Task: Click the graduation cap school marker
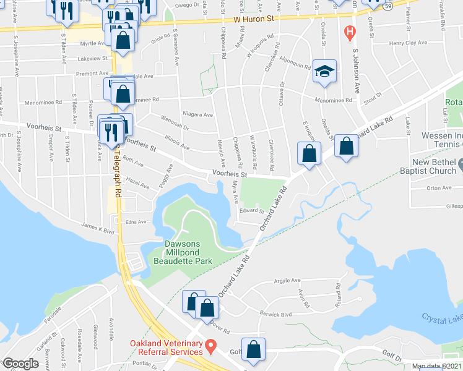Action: tap(324, 72)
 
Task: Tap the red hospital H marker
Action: tap(350, 30)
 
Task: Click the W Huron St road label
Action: tap(254, 20)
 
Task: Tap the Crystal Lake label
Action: tap(442, 318)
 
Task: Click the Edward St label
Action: tap(252, 211)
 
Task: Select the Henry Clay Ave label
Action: tap(408, 43)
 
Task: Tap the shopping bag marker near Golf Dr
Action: tap(253, 349)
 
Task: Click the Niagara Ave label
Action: tap(198, 115)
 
